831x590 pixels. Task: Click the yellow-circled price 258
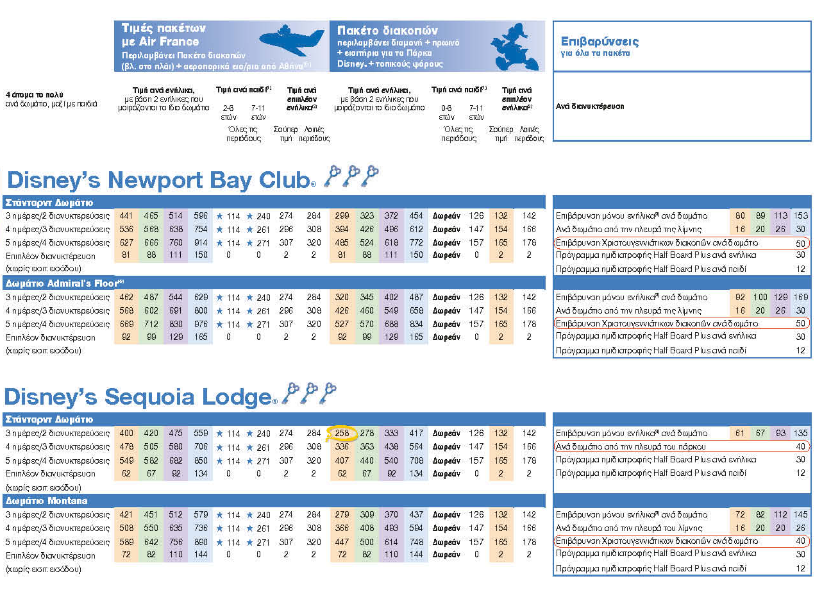[342, 434]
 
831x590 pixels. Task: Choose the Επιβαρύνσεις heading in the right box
[600, 42]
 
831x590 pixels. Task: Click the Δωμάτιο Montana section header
[46, 501]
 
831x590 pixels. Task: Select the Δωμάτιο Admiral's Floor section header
[62, 283]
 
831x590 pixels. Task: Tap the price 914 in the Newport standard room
[201, 243]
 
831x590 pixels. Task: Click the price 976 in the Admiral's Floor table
[201, 324]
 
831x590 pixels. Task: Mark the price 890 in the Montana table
[201, 542]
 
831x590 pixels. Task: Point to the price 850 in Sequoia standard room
[201, 461]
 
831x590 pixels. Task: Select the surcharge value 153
[800, 216]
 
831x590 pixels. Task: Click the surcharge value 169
[800, 298]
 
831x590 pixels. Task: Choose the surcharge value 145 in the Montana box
[800, 515]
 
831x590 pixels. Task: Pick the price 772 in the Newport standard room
[417, 243]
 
